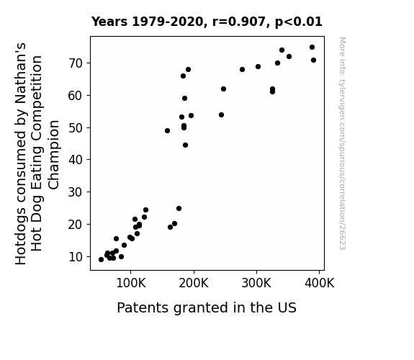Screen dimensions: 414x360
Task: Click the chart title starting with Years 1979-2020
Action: click(x=207, y=22)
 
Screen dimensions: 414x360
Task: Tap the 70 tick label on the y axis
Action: click(x=76, y=63)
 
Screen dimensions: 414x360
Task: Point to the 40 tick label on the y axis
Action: click(x=76, y=160)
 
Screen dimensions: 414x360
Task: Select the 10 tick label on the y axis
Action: click(x=76, y=257)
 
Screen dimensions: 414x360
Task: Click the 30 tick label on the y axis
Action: click(x=76, y=192)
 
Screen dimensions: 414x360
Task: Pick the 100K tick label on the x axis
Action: click(x=131, y=283)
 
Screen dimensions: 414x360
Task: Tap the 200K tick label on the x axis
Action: click(x=194, y=283)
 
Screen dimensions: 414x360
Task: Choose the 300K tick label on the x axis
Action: click(x=256, y=283)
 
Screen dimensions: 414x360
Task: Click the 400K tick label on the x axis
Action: click(x=319, y=283)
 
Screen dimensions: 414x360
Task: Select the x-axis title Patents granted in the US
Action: click(x=207, y=307)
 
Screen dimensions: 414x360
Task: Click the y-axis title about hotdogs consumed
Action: click(x=37, y=153)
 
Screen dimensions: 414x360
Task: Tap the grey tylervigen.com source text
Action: click(x=342, y=143)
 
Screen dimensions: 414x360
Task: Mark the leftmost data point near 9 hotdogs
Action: click(x=101, y=260)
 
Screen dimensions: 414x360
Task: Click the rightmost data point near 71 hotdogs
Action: click(x=313, y=60)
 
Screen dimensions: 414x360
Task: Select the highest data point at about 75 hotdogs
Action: click(x=312, y=48)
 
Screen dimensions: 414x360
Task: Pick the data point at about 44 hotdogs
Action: click(x=185, y=145)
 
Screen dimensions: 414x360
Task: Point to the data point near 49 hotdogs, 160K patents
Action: click(x=167, y=131)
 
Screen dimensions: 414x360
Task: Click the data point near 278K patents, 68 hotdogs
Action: click(x=242, y=69)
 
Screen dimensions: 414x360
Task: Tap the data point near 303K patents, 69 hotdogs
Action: click(x=258, y=66)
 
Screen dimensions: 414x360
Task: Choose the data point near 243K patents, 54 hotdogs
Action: click(x=221, y=115)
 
